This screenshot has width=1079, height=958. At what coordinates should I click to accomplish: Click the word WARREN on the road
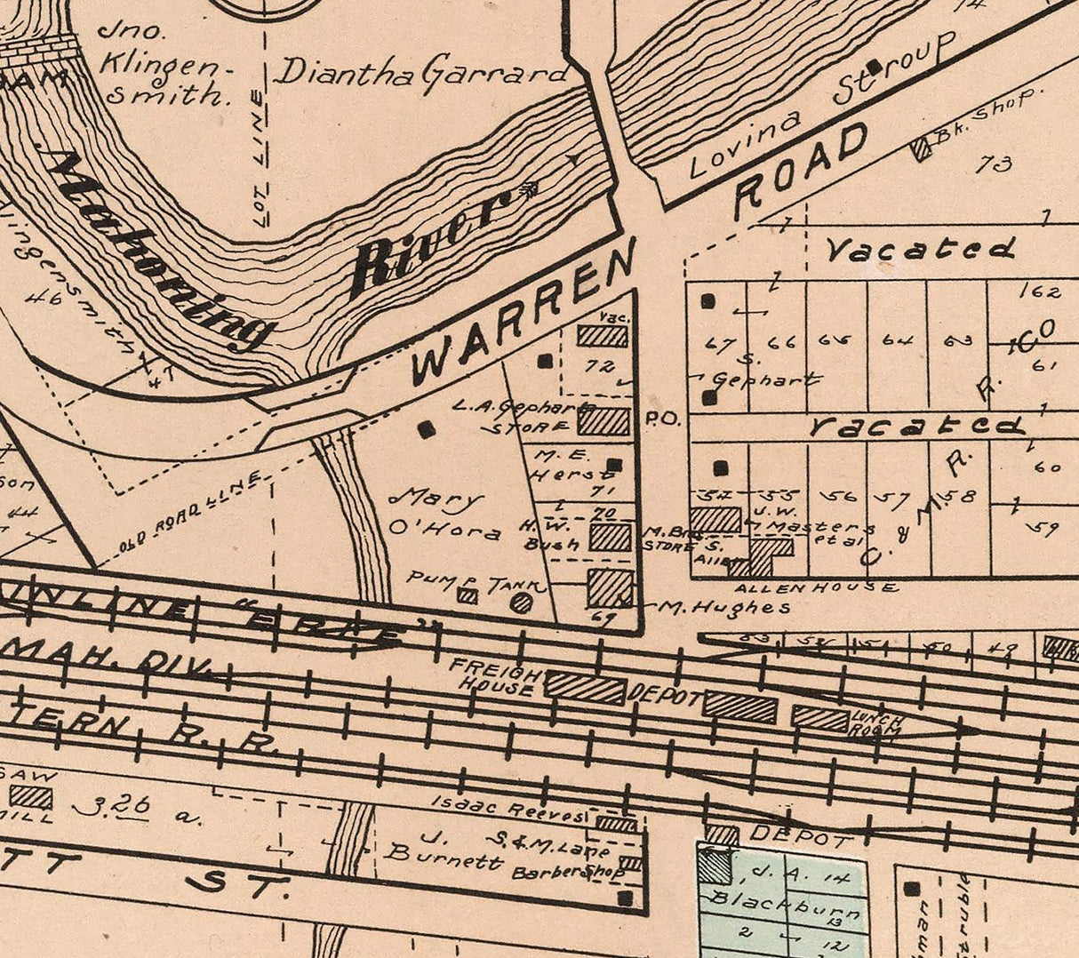[x=524, y=311]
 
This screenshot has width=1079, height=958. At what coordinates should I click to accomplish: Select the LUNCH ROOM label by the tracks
[x=876, y=724]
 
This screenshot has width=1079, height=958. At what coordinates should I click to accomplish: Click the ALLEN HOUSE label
[x=816, y=587]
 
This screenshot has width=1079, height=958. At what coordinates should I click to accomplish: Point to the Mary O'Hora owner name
[x=444, y=514]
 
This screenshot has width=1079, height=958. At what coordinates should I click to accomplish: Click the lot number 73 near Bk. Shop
[x=994, y=164]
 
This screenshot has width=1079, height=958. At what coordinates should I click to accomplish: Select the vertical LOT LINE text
[x=259, y=156]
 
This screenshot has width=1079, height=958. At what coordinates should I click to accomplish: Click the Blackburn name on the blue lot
[x=782, y=906]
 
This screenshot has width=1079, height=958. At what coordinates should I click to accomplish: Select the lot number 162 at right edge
[x=1041, y=291]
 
